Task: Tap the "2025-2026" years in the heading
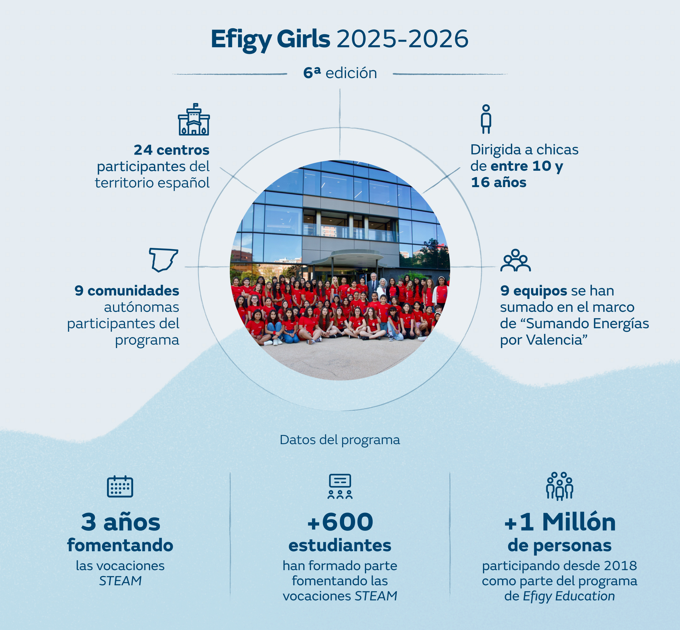(403, 39)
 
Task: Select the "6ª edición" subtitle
(340, 73)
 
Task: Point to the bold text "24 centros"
(171, 150)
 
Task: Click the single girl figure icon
(486, 119)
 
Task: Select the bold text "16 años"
(498, 182)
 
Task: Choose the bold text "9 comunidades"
(127, 291)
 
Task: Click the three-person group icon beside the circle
(515, 260)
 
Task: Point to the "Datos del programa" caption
(340, 440)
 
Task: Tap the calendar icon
(120, 486)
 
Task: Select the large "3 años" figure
(121, 522)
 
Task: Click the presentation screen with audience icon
(340, 486)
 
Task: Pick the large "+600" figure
(340, 522)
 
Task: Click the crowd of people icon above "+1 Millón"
(560, 486)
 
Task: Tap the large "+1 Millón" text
(560, 522)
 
